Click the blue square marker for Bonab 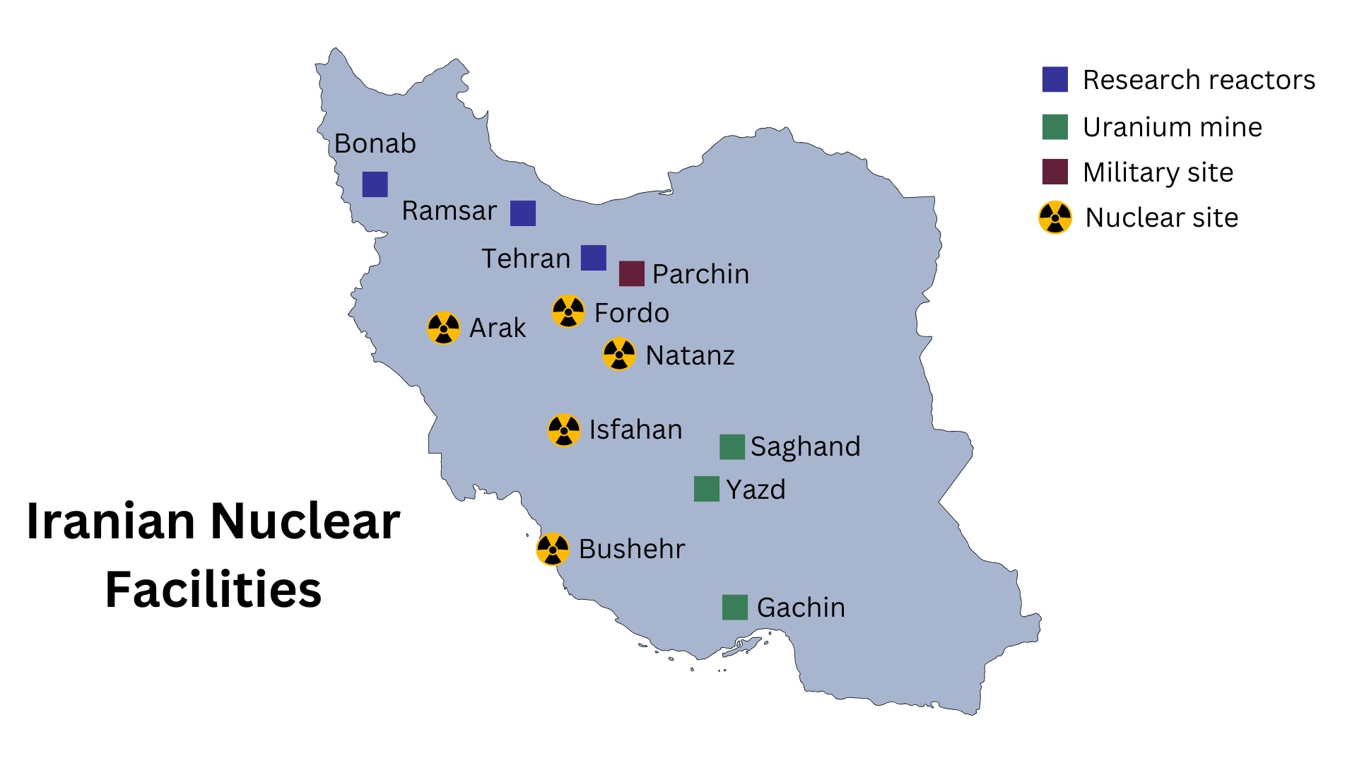(x=375, y=184)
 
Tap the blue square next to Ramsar (x=523, y=213)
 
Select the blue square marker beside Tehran (x=594, y=258)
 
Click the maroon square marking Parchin (x=631, y=273)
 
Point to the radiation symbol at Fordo (x=568, y=312)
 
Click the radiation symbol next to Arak (x=444, y=328)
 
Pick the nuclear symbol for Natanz (x=619, y=354)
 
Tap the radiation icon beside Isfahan (x=564, y=430)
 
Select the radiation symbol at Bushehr (x=553, y=549)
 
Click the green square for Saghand (x=732, y=446)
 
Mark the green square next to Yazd (x=707, y=489)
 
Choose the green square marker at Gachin (x=735, y=607)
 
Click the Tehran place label (x=526, y=259)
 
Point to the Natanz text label (x=690, y=355)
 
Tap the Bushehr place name (x=632, y=549)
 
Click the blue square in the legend (x=1055, y=80)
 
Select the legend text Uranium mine (x=1173, y=127)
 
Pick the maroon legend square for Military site (x=1055, y=172)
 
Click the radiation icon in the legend (x=1055, y=218)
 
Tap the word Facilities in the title (x=213, y=589)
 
